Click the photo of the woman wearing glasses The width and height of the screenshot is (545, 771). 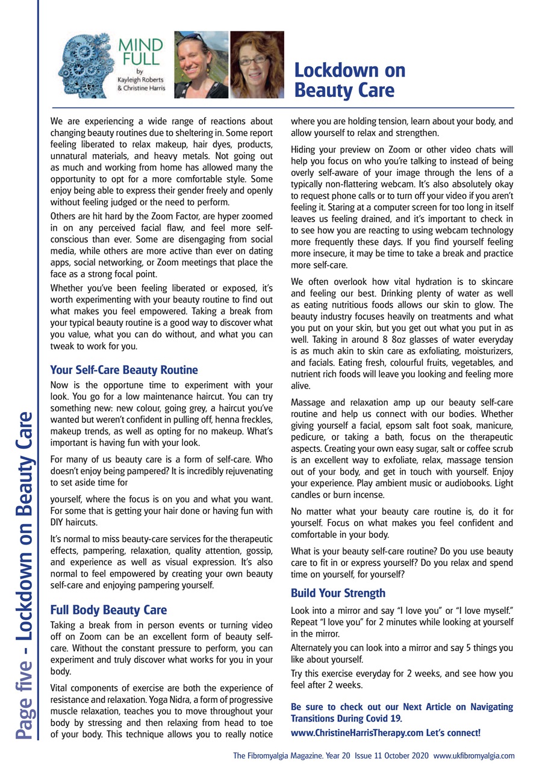(x=257, y=64)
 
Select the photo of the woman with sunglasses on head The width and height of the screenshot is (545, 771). (x=201, y=64)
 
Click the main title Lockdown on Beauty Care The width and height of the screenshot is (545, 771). (x=349, y=80)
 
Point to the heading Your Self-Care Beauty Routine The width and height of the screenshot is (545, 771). (x=123, y=369)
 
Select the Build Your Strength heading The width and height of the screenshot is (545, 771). (x=338, y=593)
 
